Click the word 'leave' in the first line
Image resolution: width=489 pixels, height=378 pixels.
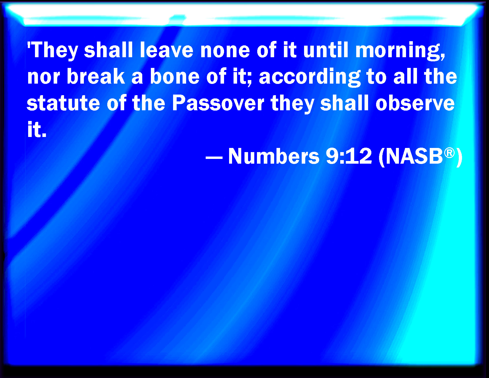(167, 50)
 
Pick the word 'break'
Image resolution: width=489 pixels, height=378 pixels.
(96, 76)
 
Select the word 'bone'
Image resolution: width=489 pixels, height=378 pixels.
(175, 76)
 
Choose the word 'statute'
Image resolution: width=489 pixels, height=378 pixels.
(63, 103)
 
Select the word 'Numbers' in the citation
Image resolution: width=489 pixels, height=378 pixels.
(274, 156)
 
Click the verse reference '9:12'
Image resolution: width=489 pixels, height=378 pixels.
(349, 156)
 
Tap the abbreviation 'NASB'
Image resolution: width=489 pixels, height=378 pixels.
(414, 156)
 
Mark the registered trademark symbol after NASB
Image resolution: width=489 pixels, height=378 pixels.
(449, 153)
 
